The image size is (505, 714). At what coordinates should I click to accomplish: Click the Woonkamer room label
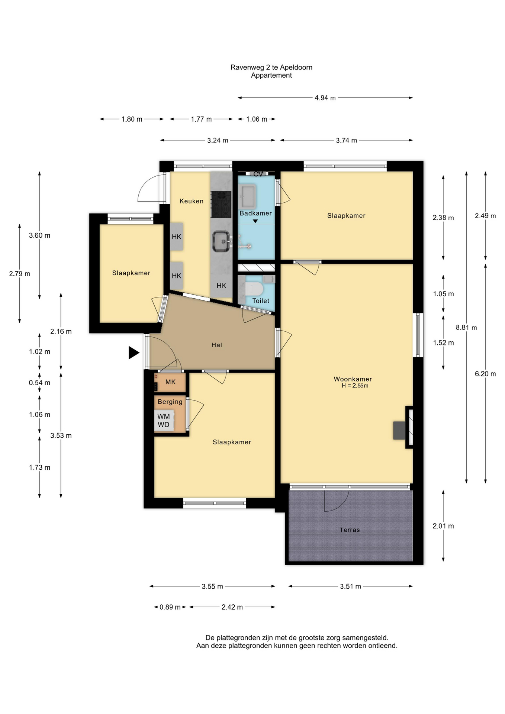[x=353, y=379]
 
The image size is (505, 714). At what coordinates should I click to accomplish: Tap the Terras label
[x=350, y=530]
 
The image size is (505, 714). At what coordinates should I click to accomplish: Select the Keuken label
[x=192, y=201]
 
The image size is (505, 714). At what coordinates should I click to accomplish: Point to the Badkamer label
[x=255, y=213]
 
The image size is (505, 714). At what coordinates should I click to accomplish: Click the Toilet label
[x=261, y=301]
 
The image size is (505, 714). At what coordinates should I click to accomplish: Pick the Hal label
[x=217, y=345]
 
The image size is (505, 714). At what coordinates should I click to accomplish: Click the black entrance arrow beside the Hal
[x=134, y=353]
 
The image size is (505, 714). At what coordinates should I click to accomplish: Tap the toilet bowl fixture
[x=255, y=288]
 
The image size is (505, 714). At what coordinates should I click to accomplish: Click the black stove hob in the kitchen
[x=221, y=204]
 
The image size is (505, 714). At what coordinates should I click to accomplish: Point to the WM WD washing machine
[x=164, y=421]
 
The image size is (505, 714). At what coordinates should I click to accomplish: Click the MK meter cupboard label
[x=170, y=382]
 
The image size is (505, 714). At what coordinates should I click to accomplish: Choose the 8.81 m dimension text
[x=466, y=328]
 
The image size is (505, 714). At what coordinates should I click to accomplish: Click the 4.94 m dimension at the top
[x=325, y=98]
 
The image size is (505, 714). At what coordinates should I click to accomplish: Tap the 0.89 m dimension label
[x=170, y=607]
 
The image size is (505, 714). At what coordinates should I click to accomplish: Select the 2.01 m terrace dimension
[x=443, y=526]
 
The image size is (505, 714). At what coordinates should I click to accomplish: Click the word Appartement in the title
[x=271, y=75]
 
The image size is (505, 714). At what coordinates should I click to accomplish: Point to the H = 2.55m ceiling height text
[x=355, y=386]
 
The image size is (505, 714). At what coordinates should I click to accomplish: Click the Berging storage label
[x=170, y=402]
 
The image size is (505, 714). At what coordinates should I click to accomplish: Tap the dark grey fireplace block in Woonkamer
[x=399, y=431]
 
